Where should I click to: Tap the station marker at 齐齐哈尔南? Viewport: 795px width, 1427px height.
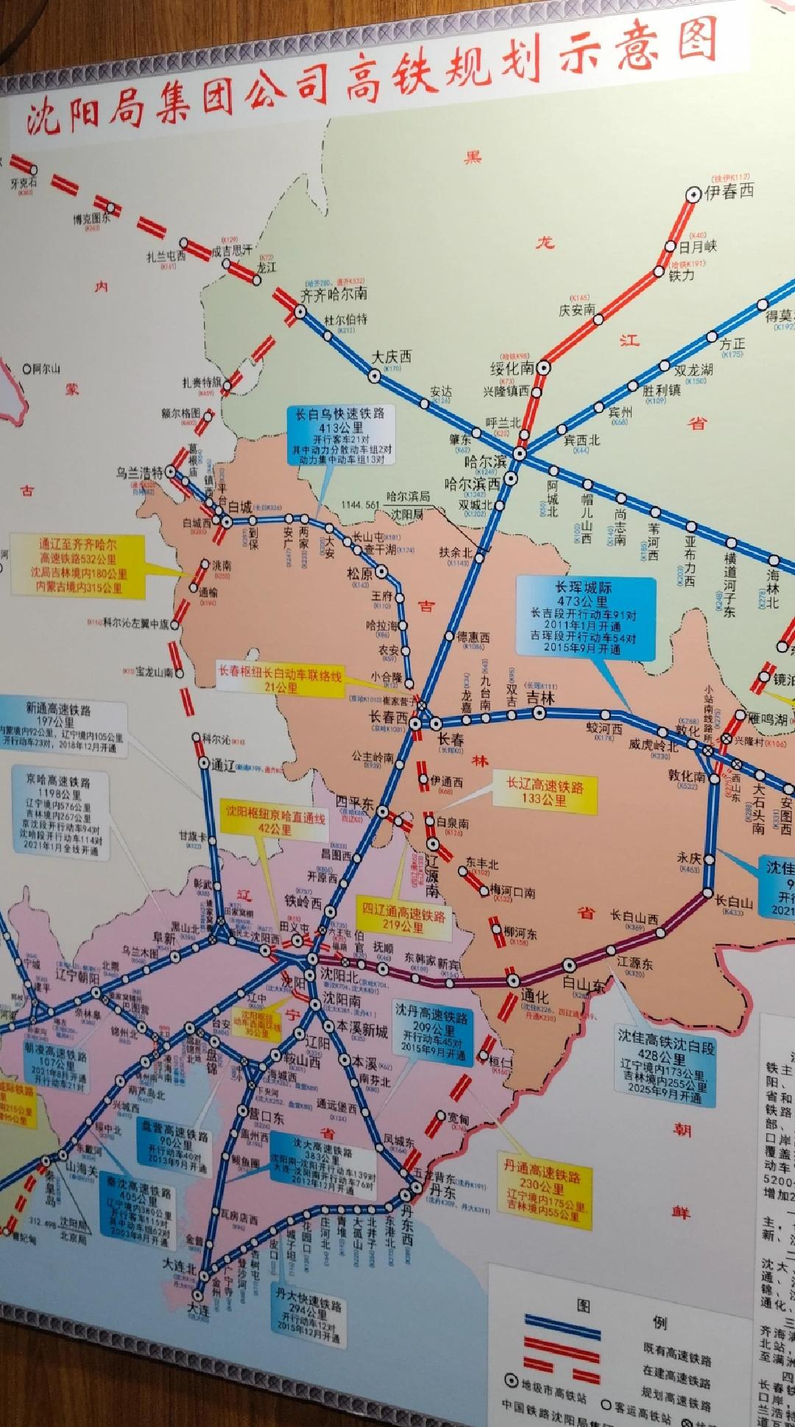tap(300, 311)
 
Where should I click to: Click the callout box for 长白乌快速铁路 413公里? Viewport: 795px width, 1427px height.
tap(340, 435)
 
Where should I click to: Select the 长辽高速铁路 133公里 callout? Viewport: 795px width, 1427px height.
tap(543, 792)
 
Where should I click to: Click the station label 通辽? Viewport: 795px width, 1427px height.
tap(222, 763)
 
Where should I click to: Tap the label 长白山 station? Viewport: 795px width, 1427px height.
tap(732, 902)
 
